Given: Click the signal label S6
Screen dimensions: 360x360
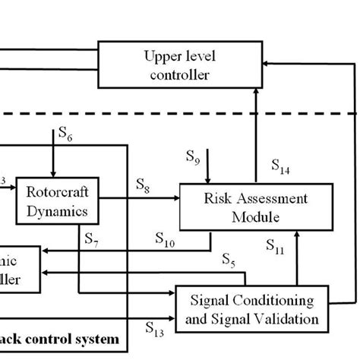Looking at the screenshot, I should (x=65, y=135).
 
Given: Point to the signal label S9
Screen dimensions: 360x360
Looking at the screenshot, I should (x=194, y=157).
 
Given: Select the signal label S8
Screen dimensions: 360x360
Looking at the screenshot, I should (x=144, y=184).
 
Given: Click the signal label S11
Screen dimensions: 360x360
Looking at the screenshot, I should (x=274, y=245).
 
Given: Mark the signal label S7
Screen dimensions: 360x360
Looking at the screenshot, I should (x=91, y=240).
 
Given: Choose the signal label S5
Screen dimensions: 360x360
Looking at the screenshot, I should (x=228, y=262).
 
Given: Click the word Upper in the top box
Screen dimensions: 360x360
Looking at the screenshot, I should (x=160, y=56).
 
